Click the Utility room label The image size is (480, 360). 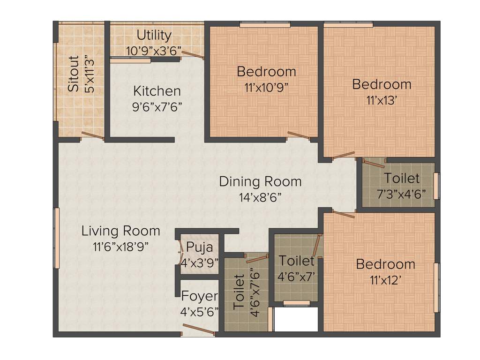click(x=154, y=35)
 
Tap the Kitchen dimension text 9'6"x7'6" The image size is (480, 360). click(x=157, y=106)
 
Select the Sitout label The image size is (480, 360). click(x=74, y=74)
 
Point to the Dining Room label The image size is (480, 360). click(x=260, y=181)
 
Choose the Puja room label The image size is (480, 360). click(x=199, y=247)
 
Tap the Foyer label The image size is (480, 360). click(x=200, y=296)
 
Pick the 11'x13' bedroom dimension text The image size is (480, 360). click(x=382, y=100)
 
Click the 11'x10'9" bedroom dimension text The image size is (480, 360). click(x=266, y=87)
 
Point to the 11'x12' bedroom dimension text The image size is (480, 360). click(x=385, y=280)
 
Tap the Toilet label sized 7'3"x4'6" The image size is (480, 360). click(x=402, y=179)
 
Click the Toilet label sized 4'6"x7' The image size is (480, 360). click(x=296, y=261)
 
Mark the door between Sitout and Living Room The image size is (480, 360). click(x=92, y=136)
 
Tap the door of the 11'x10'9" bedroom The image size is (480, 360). click(x=299, y=136)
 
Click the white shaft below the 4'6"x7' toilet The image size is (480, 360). click(x=296, y=320)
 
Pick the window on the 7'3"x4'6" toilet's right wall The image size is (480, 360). click(x=437, y=186)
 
